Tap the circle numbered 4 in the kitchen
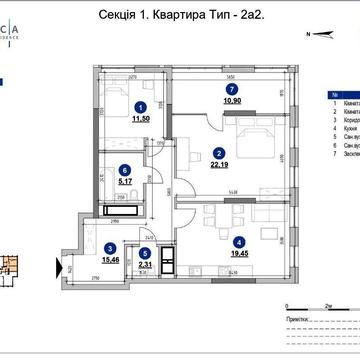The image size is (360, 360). click(237, 240)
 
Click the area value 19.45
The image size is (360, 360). click(238, 254)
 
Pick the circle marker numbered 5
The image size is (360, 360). click(146, 253)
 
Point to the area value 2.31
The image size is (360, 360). click(146, 265)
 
